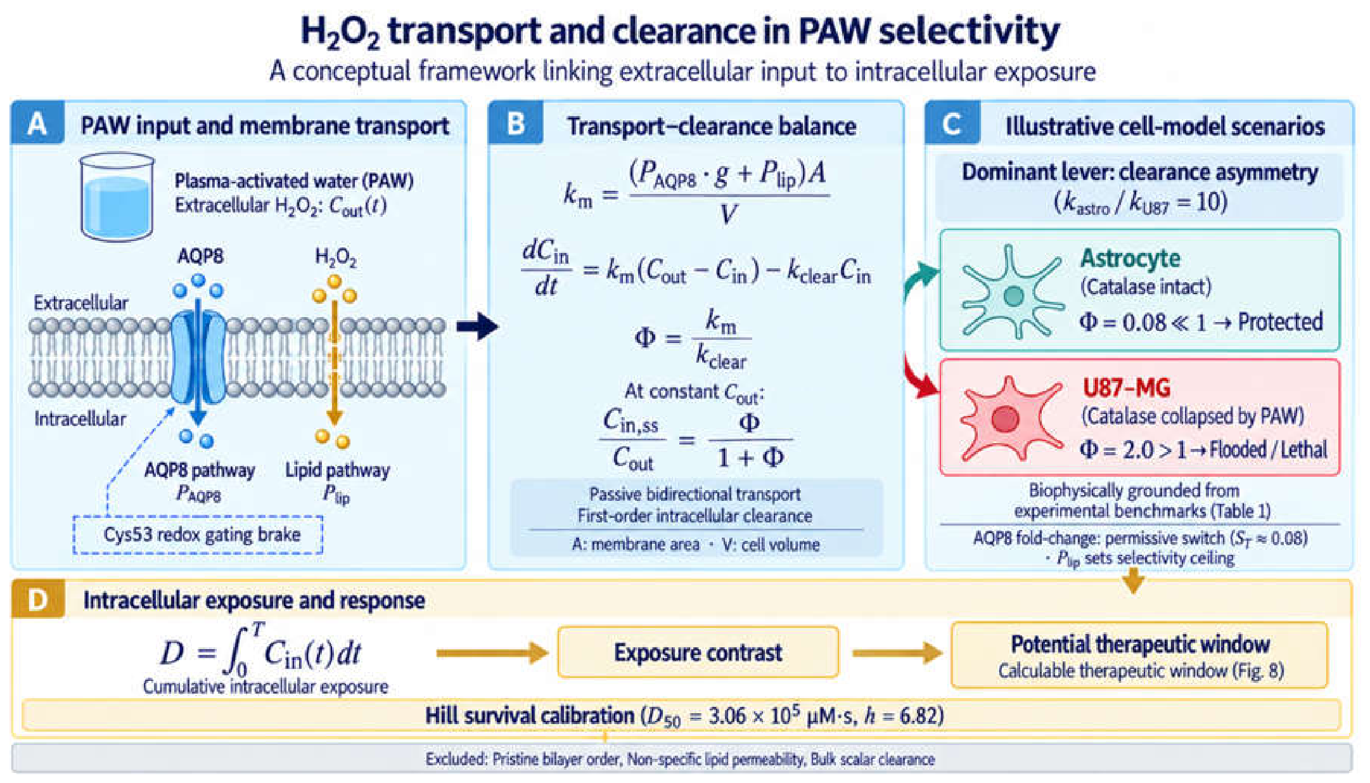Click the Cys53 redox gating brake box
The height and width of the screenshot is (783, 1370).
click(x=198, y=534)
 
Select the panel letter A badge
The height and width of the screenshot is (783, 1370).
click(x=37, y=124)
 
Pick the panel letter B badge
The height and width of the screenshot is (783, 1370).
click(x=516, y=124)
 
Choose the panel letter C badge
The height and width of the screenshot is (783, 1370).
click(x=952, y=124)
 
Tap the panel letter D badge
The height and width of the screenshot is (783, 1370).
click(x=38, y=599)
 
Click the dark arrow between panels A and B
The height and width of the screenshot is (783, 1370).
click(x=478, y=327)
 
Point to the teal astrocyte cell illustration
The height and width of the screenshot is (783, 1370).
click(x=1012, y=292)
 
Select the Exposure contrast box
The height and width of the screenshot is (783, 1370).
click(x=698, y=652)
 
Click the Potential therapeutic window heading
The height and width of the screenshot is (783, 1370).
click(x=1140, y=644)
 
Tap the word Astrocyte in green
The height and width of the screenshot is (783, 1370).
click(x=1130, y=258)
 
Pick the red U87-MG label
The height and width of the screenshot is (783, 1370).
click(x=1127, y=387)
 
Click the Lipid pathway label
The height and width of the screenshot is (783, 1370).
click(x=337, y=470)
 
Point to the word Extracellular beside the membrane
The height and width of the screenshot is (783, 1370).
click(x=80, y=302)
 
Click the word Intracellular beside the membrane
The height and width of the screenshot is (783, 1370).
click(x=80, y=418)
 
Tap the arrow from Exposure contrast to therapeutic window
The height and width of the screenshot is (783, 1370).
click(x=897, y=652)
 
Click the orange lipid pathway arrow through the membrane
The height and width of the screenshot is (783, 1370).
click(x=335, y=361)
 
